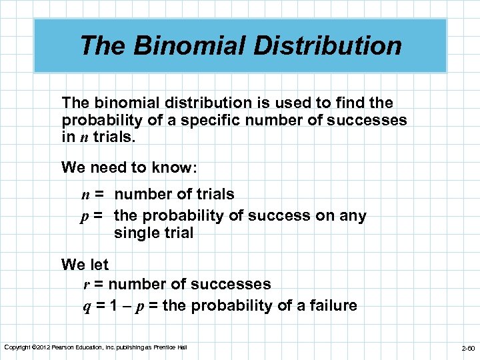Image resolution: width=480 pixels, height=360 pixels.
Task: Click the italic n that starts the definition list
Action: point(86,195)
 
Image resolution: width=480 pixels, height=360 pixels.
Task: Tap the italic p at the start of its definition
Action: point(86,217)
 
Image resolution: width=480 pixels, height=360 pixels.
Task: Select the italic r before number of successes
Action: point(87,285)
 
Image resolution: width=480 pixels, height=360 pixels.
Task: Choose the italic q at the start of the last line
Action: point(86,307)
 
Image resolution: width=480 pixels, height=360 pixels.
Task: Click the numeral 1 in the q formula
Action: point(115,306)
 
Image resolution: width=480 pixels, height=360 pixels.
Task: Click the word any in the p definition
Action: point(353,216)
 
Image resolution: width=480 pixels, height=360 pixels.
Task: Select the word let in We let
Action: point(98,265)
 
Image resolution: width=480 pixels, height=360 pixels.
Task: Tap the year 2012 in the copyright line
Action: point(43,347)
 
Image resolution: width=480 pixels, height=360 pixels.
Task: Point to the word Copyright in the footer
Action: point(17,347)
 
